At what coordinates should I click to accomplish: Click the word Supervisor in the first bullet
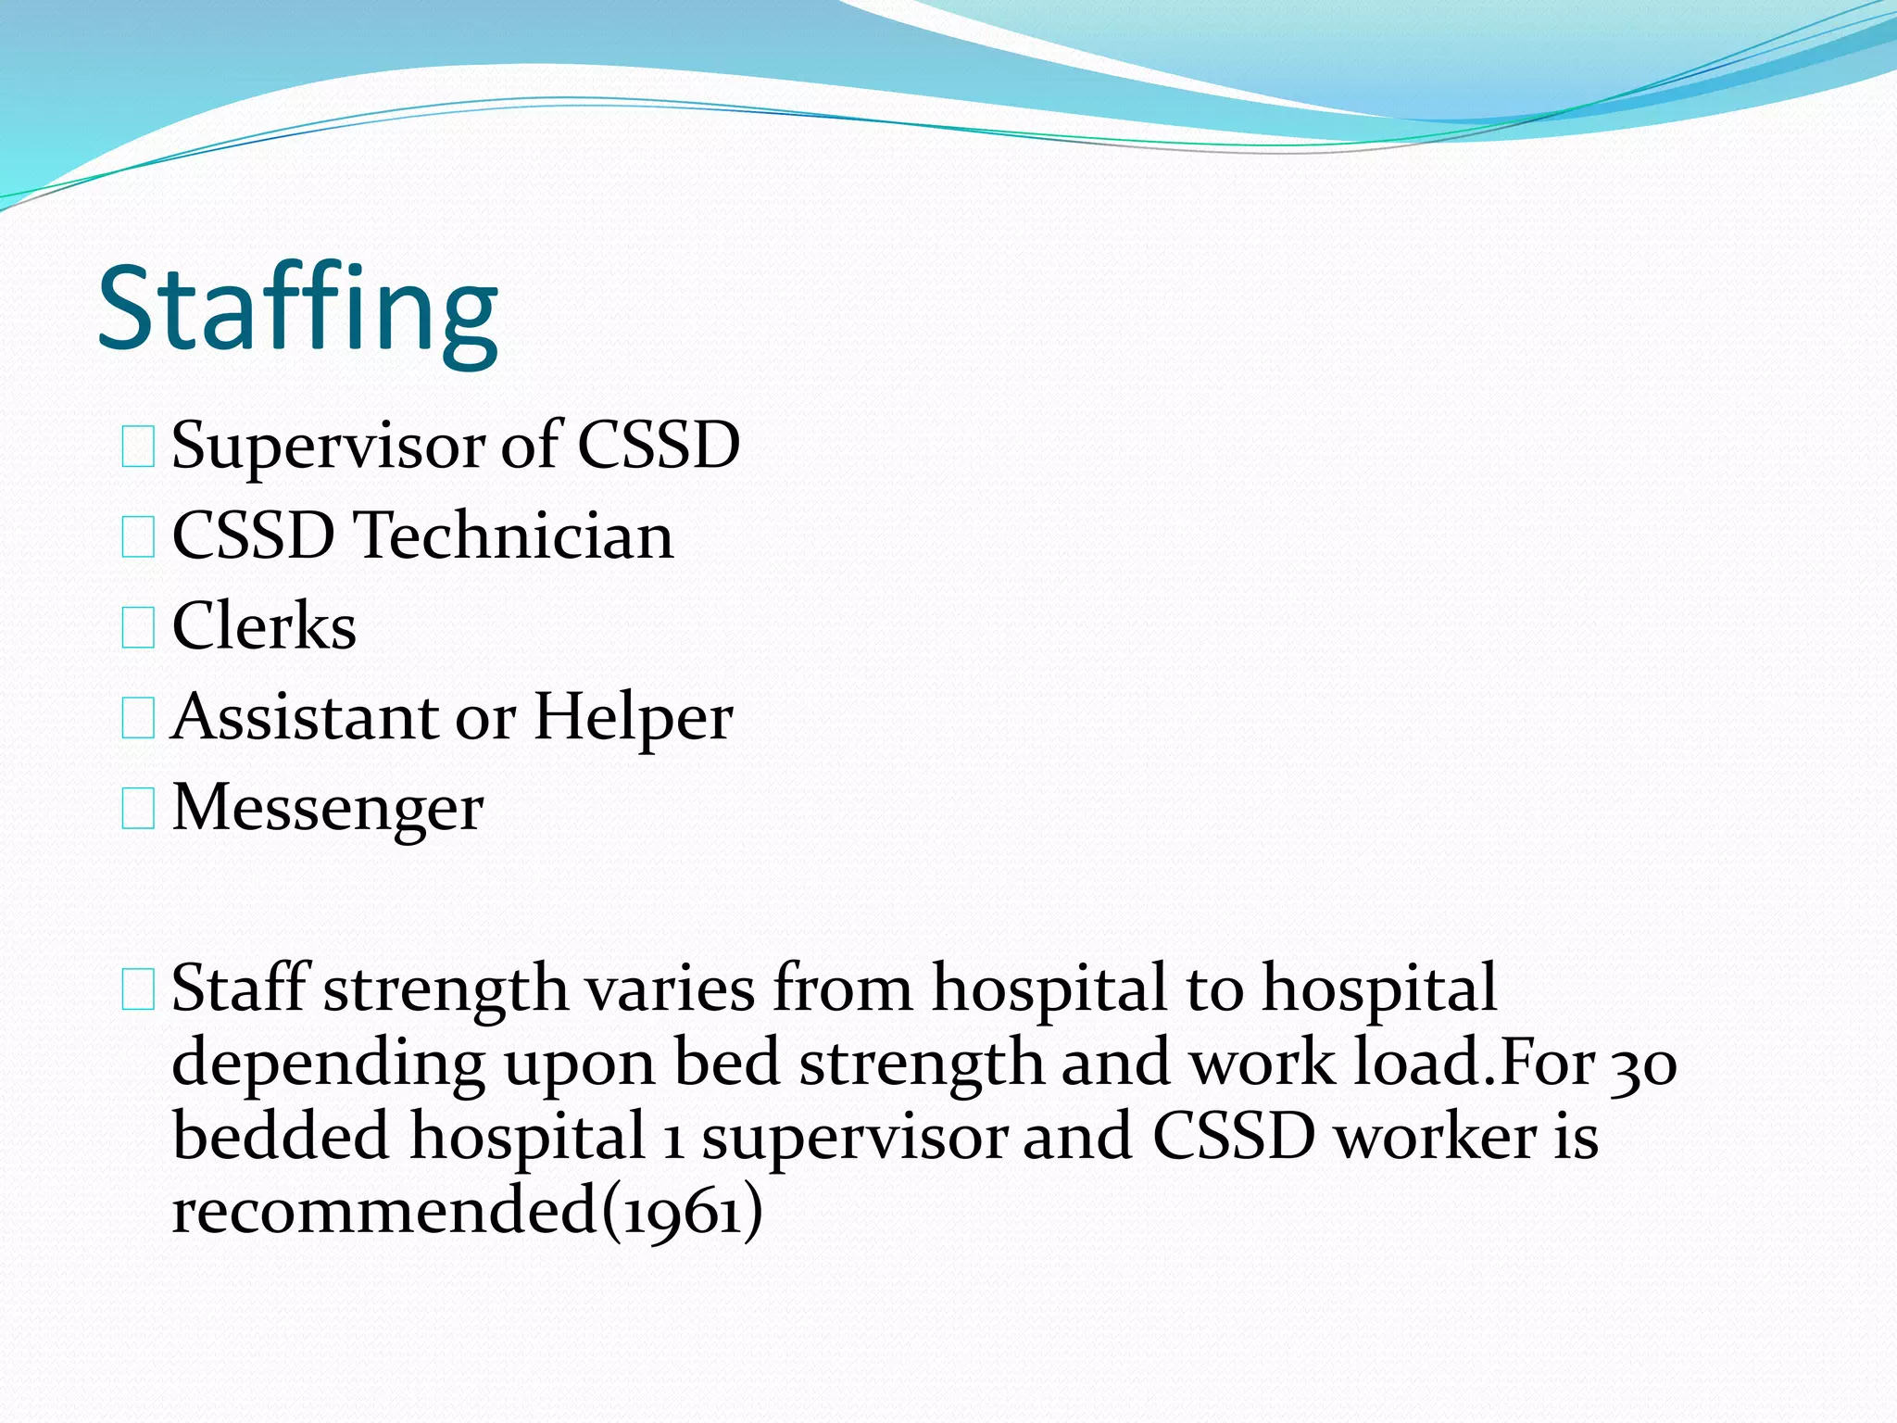328,446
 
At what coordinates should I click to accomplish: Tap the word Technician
517,535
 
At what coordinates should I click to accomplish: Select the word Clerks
264,626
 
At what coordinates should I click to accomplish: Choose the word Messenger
328,808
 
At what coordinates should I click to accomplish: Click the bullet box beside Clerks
138,628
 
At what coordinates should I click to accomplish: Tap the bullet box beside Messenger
138,809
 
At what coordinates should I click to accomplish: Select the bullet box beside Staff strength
138,990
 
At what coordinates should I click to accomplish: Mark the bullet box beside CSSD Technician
138,537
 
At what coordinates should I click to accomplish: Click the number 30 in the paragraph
1643,1064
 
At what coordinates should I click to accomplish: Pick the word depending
328,1065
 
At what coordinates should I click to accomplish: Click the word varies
671,989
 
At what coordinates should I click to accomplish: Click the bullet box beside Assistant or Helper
138,719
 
